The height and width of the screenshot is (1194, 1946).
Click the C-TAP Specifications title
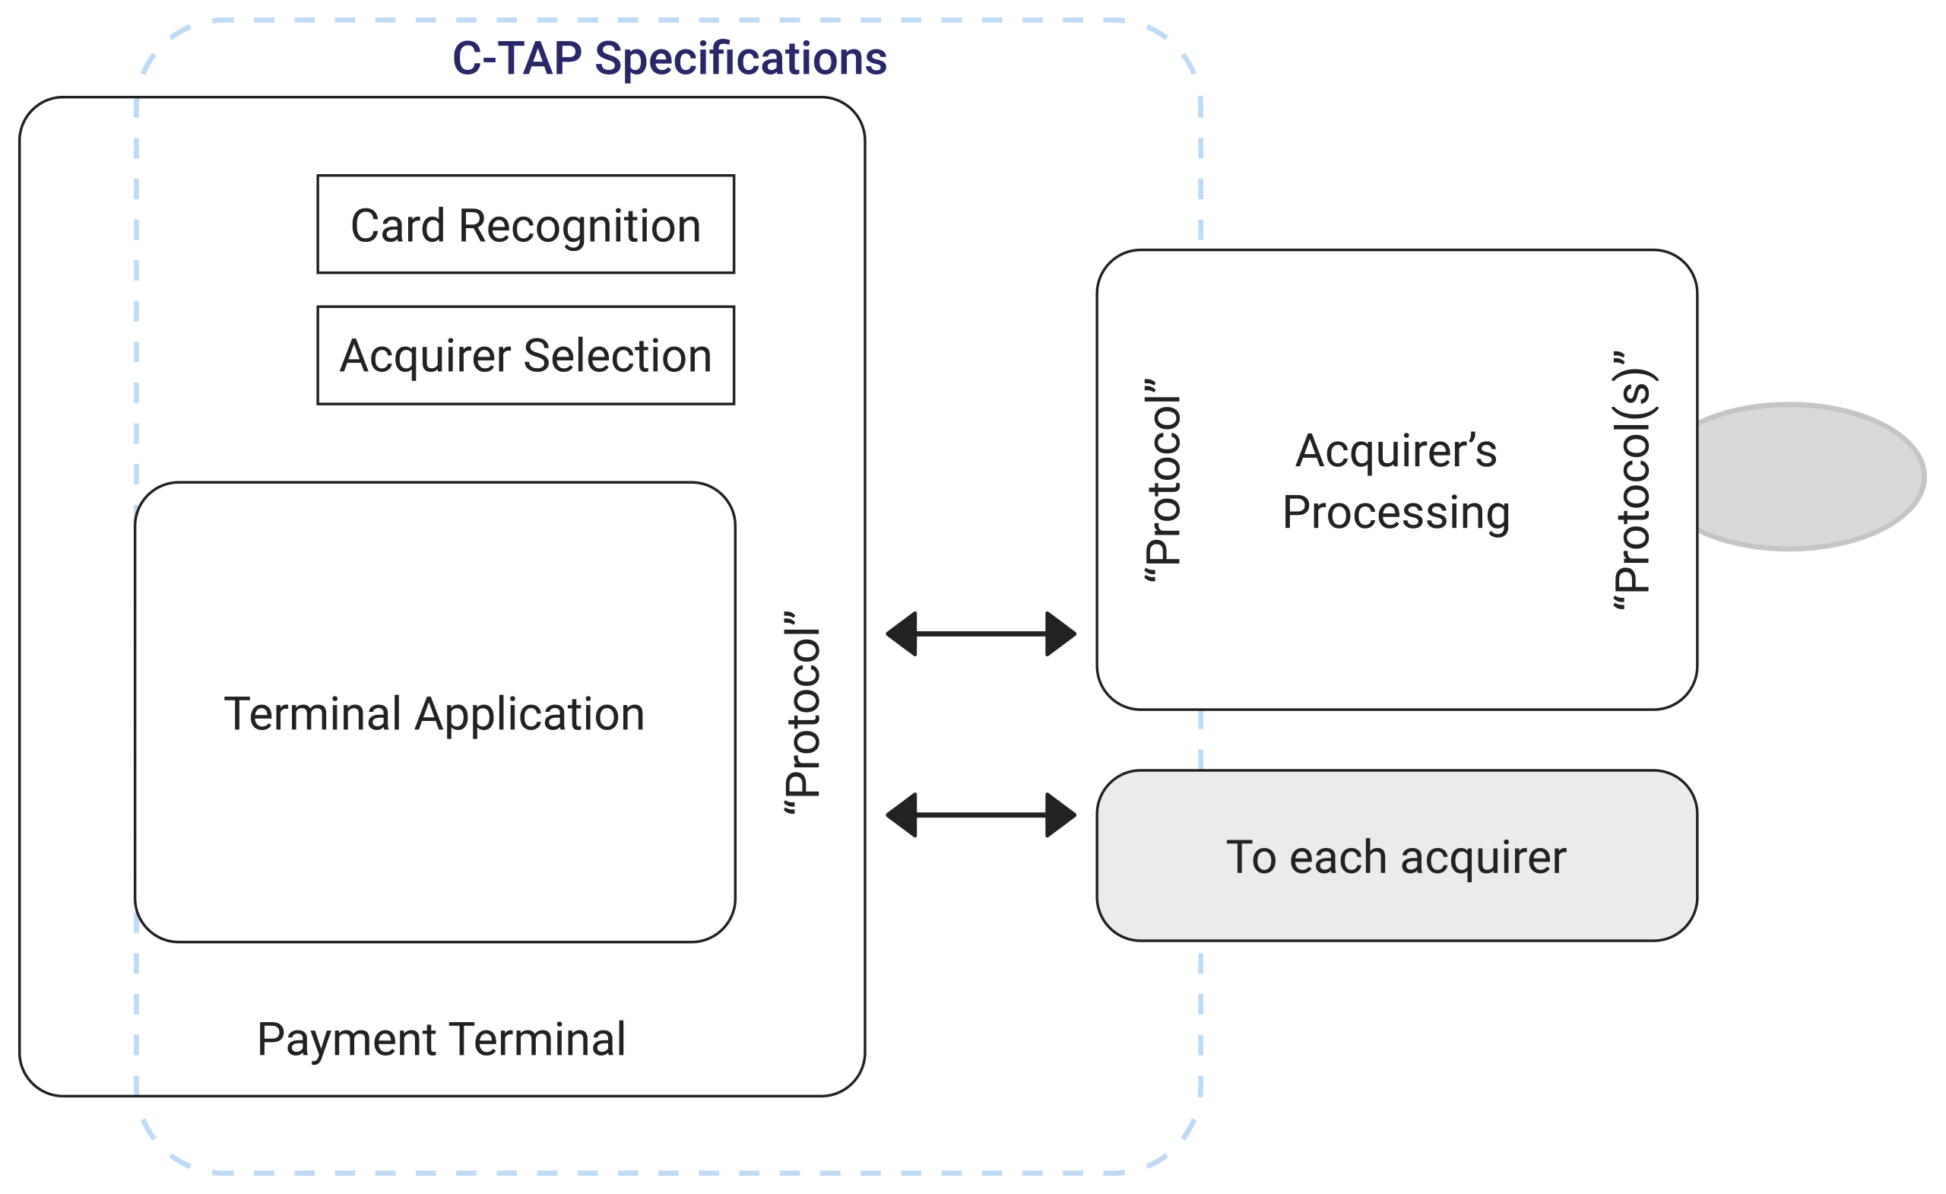click(x=669, y=59)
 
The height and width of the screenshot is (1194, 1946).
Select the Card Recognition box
click(x=526, y=224)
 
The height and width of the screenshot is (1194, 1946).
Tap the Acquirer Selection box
click(x=526, y=356)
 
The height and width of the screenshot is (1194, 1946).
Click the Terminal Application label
click(x=434, y=714)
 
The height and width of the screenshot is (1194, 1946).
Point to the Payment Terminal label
click(x=442, y=1039)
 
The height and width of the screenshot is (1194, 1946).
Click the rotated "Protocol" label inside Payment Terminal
click(x=802, y=713)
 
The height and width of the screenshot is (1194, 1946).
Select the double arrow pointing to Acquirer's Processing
click(x=981, y=634)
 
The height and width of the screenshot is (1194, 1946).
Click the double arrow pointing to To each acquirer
click(x=981, y=815)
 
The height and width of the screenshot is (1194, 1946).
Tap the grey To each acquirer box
click(x=1397, y=856)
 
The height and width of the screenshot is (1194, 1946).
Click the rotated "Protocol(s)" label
click(x=1633, y=481)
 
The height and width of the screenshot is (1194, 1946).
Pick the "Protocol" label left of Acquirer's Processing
click(x=1162, y=481)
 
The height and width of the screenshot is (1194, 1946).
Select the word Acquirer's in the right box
click(x=1396, y=450)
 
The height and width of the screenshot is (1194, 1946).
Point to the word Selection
click(x=617, y=356)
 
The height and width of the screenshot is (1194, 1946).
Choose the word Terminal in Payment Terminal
click(x=539, y=1039)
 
